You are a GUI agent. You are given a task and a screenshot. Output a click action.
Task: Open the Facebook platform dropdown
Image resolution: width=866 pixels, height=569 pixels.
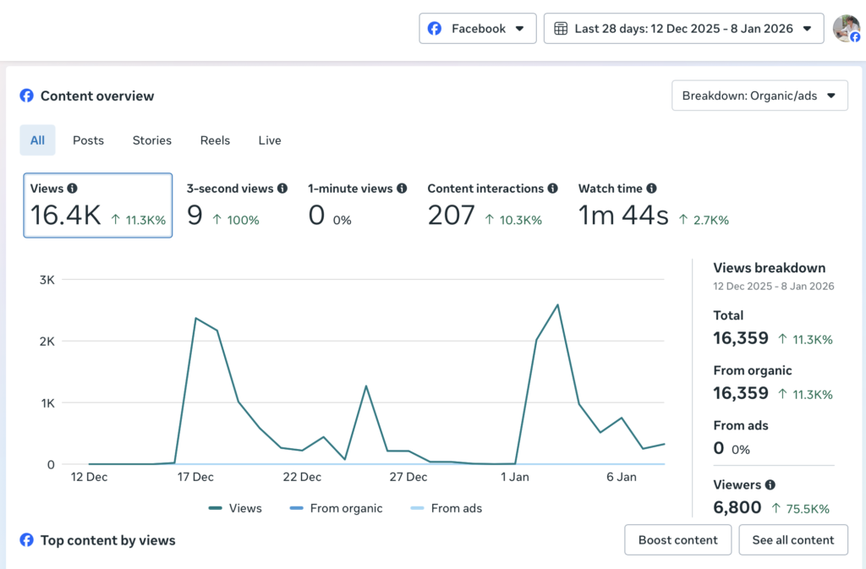pyautogui.click(x=478, y=29)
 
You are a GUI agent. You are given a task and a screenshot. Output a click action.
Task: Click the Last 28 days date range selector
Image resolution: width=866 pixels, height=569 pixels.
pyautogui.click(x=683, y=29)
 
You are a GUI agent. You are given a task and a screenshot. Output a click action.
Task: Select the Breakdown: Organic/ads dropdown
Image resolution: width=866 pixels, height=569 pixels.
pyautogui.click(x=759, y=96)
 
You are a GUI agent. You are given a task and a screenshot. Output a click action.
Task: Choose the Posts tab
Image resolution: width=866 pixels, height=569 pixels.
pyautogui.click(x=88, y=140)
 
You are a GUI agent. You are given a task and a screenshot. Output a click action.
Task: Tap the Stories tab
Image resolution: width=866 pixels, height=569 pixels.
pyautogui.click(x=151, y=140)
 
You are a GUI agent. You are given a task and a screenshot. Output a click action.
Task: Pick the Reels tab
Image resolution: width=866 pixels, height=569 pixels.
pyautogui.click(x=215, y=140)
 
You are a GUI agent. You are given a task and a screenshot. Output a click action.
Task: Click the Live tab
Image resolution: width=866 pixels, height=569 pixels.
pyautogui.click(x=270, y=140)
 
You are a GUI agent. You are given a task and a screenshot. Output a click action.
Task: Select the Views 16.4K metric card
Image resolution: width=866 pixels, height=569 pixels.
pyautogui.click(x=98, y=205)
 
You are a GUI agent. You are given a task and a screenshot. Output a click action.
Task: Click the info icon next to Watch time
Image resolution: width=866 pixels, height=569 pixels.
pyautogui.click(x=651, y=189)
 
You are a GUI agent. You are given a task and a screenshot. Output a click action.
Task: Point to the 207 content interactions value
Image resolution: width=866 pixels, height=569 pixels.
pyautogui.click(x=451, y=216)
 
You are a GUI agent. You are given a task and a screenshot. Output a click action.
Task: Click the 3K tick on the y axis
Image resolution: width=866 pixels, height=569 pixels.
pyautogui.click(x=47, y=279)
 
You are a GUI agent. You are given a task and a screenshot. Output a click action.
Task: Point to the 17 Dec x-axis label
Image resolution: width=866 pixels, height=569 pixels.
pyautogui.click(x=195, y=477)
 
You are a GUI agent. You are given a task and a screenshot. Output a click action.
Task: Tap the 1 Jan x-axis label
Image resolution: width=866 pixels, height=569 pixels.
pyautogui.click(x=514, y=477)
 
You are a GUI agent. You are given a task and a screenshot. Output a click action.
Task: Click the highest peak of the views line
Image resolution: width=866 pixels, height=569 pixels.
pyautogui.click(x=557, y=305)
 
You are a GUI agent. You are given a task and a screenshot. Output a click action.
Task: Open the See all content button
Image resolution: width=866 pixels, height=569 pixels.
pyautogui.click(x=792, y=539)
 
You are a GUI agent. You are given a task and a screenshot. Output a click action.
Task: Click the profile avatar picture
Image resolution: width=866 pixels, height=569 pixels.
pyautogui.click(x=845, y=28)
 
